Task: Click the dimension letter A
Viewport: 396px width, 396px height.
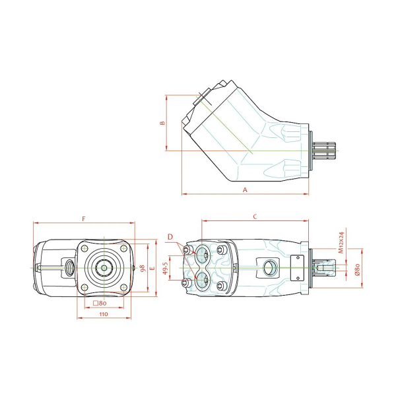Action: tap(245, 189)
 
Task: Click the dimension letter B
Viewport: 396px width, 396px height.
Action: tap(162, 123)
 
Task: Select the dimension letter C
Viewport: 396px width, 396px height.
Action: tap(255, 216)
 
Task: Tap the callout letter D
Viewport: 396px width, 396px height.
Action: tap(170, 236)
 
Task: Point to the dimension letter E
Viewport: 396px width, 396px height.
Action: tap(152, 269)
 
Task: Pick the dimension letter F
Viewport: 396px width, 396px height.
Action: tap(83, 218)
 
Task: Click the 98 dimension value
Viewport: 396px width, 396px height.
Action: tap(142, 268)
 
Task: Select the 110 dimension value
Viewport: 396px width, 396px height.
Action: tap(103, 315)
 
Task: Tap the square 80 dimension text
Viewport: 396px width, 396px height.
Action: tap(100, 303)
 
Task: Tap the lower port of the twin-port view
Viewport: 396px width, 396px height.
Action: tap(202, 282)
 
